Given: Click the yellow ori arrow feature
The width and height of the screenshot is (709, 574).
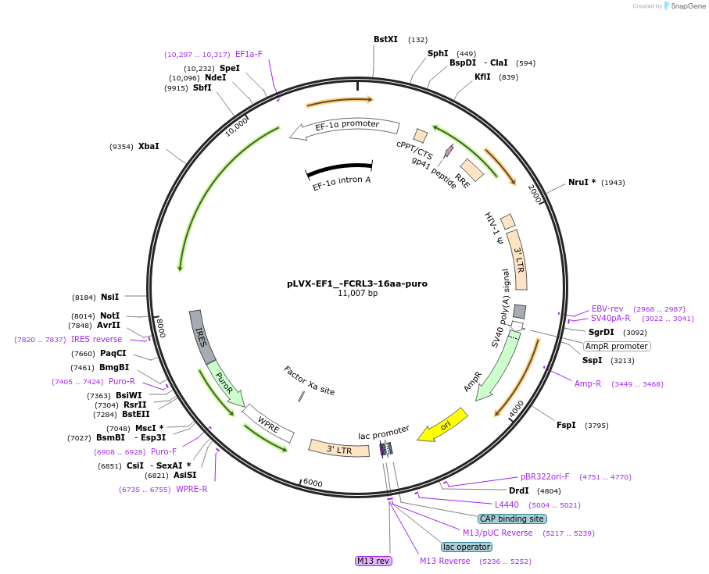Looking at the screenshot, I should point(442,425).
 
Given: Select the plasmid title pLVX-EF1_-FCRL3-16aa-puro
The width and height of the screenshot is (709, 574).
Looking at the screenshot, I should point(357,283).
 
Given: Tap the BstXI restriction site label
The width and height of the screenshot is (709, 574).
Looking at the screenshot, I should point(385,39).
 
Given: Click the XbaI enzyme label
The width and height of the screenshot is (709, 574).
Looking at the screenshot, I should point(149,146).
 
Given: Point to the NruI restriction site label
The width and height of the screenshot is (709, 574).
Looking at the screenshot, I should point(582,182).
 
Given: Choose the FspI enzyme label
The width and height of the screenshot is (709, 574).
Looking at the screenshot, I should point(566,425).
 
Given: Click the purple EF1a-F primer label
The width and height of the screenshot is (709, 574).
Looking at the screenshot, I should point(249,55).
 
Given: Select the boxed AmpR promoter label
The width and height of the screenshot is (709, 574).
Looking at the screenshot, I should point(617,346).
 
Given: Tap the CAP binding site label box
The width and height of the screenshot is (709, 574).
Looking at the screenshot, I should point(512,519).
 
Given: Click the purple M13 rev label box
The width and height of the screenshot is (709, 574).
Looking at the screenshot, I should point(373,561).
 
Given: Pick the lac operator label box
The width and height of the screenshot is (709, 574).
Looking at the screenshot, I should point(467,547).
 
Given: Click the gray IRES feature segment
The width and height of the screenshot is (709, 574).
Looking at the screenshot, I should point(202,337).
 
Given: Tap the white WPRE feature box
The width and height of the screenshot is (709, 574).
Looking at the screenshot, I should point(268,423).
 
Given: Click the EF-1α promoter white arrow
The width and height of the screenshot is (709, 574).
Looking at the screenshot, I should point(345,129).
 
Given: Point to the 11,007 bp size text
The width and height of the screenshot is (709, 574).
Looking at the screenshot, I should point(357,294).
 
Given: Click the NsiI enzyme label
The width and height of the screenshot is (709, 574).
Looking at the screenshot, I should point(109,297).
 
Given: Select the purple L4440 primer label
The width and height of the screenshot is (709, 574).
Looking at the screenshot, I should point(507,504).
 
